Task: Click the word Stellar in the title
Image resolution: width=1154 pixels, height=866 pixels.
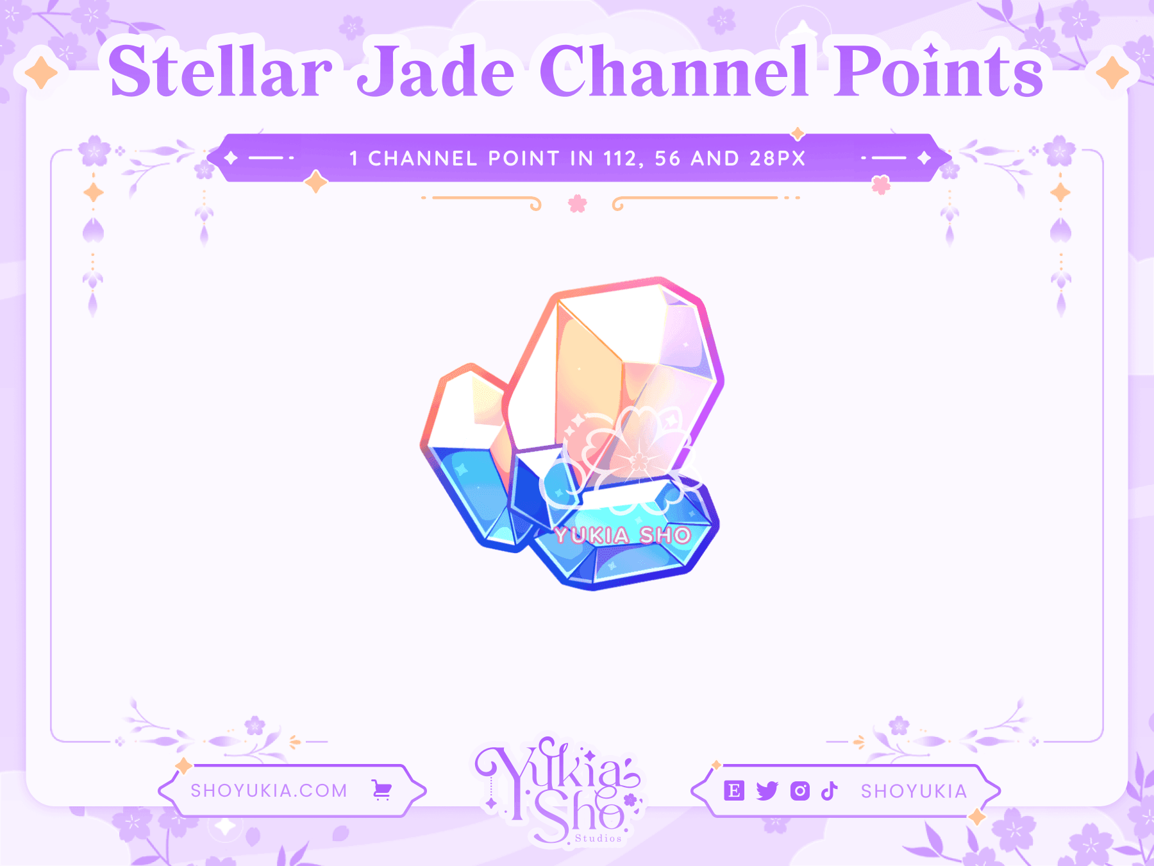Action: pos(220,72)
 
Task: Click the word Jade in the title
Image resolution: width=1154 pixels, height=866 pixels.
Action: pos(436,72)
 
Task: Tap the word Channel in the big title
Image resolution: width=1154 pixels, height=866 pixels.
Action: pos(673,72)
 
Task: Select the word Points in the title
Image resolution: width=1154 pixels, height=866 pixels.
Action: pos(939,72)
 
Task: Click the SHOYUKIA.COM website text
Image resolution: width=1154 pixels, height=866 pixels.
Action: pos(269,790)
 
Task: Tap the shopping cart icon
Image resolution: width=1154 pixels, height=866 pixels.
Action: pos(382,790)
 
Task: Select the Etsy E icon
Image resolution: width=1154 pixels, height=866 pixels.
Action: pos(733,791)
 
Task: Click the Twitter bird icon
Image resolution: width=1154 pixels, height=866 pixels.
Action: pos(767,791)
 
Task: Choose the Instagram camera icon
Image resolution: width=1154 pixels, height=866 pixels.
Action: pos(799,791)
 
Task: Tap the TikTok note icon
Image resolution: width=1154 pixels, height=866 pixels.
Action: pos(830,791)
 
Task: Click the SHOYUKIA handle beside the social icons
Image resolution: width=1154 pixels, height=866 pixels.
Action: pos(914,791)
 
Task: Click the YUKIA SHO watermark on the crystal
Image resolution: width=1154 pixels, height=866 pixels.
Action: pos(623,535)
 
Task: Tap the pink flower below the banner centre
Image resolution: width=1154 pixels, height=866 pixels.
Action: pos(577,204)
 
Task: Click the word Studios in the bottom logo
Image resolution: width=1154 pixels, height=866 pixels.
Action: pos(598,838)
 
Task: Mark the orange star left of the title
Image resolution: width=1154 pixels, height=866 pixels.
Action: pos(42,72)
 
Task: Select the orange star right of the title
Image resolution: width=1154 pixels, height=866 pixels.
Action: pos(1112,72)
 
